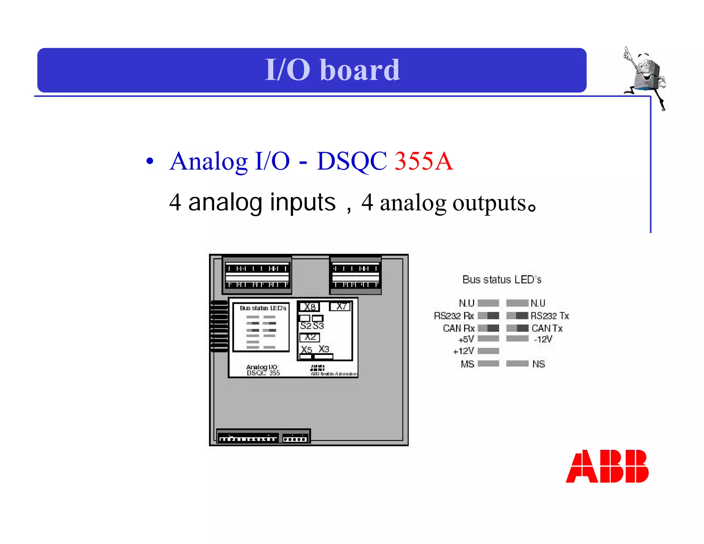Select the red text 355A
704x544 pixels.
pyautogui.click(x=423, y=161)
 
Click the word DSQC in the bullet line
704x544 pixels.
pyautogui.click(x=351, y=161)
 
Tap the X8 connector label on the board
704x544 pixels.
pyautogui.click(x=309, y=307)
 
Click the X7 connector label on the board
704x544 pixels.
pyautogui.click(x=340, y=306)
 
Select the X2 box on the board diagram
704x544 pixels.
pyautogui.click(x=310, y=337)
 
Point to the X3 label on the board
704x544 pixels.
pyautogui.click(x=324, y=349)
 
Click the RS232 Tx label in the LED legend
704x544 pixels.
pyautogui.click(x=550, y=316)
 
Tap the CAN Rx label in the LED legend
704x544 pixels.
pyautogui.click(x=459, y=328)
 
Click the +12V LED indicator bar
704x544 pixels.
pyautogui.click(x=488, y=351)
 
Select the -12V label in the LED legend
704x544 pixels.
pyautogui.click(x=543, y=339)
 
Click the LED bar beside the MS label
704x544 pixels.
pyautogui.click(x=488, y=364)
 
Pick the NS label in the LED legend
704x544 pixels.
pyautogui.click(x=538, y=364)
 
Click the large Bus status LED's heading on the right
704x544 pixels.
pyautogui.click(x=502, y=280)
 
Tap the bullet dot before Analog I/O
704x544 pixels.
pyautogui.click(x=150, y=161)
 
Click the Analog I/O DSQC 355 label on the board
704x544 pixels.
pyautogui.click(x=263, y=370)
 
